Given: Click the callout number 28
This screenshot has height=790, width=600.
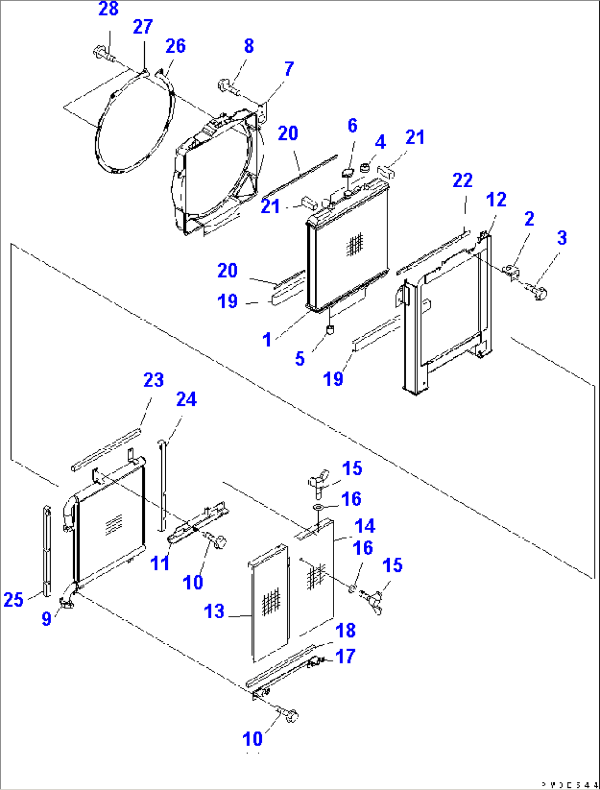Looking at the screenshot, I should point(108,9).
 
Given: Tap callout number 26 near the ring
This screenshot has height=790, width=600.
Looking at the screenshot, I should point(176,46).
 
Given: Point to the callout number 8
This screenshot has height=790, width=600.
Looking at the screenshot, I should point(249,46).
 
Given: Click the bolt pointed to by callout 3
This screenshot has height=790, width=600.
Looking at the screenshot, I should point(537,291).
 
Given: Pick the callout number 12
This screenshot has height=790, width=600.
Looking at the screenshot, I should point(496,200).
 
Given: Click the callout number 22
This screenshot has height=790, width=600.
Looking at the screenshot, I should point(462,181).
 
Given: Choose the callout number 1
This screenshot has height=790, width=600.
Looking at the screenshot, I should point(267,340).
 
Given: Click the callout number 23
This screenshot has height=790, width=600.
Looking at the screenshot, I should point(154,380).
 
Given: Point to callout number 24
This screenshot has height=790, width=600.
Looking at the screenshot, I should point(186,399).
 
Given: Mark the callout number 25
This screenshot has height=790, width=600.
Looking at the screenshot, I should point(13,600).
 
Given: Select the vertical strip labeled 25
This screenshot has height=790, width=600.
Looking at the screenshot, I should point(47,551).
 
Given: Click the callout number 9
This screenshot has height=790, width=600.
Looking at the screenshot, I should point(47,618).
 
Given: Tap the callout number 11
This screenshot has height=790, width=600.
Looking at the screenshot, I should point(160,563).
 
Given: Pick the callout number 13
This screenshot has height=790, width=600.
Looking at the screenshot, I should point(214,611).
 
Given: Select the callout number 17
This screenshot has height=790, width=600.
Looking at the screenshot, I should point(345,656).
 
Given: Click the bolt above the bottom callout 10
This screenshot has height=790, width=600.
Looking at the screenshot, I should point(290,716).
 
